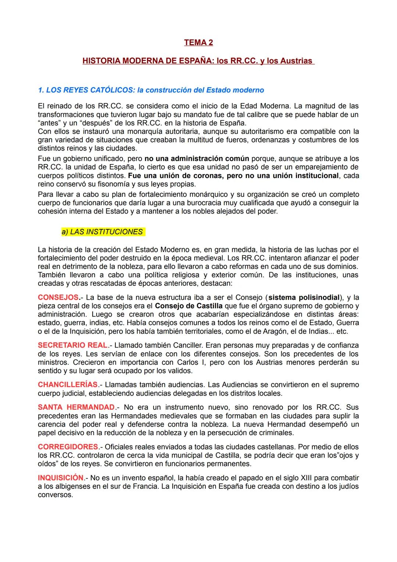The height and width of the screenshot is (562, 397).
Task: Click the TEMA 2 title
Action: pyautogui.click(x=198, y=43)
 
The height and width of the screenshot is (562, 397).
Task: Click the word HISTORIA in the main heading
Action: pyautogui.click(x=101, y=61)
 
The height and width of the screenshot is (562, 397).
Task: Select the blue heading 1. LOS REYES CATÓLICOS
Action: pyautogui.click(x=151, y=90)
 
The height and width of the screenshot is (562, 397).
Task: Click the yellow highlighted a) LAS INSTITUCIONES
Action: pyautogui.click(x=103, y=232)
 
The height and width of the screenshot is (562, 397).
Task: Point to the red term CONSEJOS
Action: pyautogui.click(x=58, y=298)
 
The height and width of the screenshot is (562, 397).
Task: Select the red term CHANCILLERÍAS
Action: pyautogui.click(x=68, y=385)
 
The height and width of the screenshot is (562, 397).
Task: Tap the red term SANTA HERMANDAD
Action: pyautogui.click(x=76, y=408)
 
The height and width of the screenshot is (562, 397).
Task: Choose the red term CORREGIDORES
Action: pyautogui.click(x=68, y=447)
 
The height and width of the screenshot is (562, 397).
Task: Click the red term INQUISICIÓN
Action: pyautogui.click(x=61, y=478)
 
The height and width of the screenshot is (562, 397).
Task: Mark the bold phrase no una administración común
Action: pyautogui.click(x=197, y=159)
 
